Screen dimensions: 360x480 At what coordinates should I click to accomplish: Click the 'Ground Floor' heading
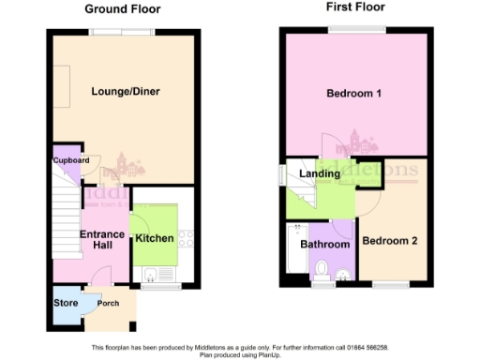tap(122, 9)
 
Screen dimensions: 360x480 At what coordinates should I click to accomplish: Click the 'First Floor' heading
tap(355, 7)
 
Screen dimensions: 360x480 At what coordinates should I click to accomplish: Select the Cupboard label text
tap(71, 160)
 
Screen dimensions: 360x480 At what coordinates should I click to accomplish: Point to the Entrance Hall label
tap(101, 239)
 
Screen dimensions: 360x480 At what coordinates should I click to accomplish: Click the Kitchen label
tap(154, 238)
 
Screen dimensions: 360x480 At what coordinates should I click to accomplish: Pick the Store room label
tap(65, 303)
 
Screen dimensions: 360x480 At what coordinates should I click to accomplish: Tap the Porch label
tap(108, 303)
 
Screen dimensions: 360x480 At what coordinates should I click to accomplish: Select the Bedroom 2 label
tap(389, 241)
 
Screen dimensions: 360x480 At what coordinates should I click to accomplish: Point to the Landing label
tap(320, 173)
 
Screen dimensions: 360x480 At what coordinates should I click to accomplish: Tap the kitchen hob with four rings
tap(185, 239)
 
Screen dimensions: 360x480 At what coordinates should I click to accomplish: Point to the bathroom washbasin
tap(343, 274)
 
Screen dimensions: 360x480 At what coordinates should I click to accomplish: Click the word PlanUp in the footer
tap(268, 355)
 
